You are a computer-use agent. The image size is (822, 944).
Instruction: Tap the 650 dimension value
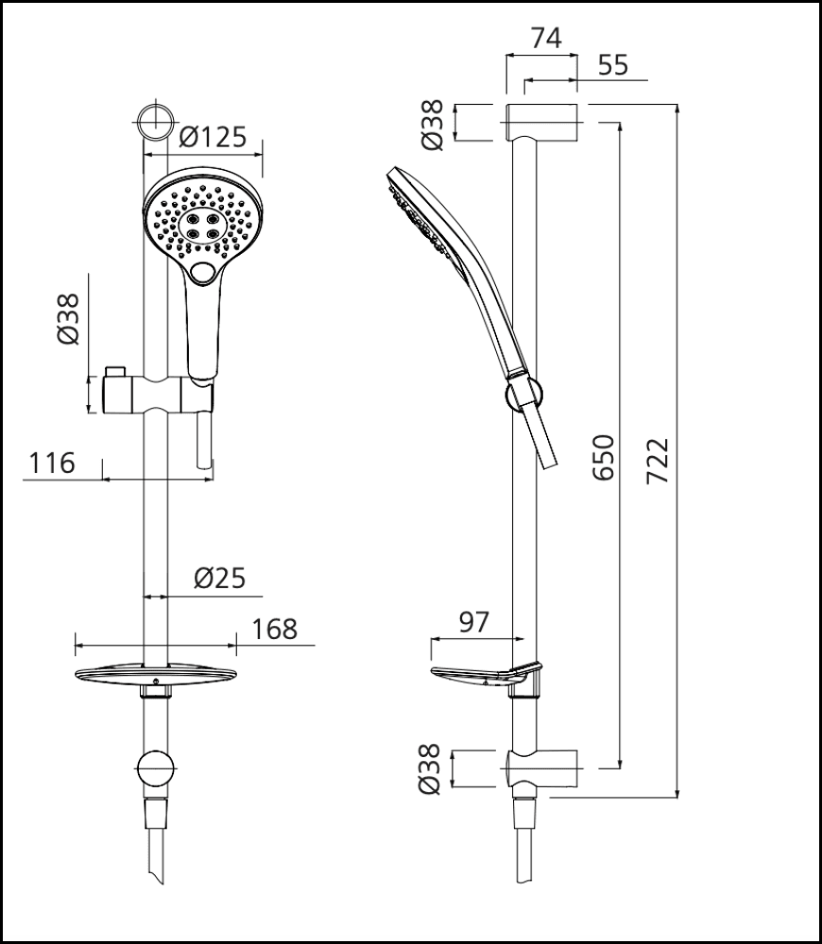click(x=604, y=457)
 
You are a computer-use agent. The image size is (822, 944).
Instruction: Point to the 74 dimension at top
click(x=546, y=38)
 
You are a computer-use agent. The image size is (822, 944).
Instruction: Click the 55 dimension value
click(x=613, y=65)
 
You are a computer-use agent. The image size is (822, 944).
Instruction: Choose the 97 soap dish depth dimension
click(x=472, y=622)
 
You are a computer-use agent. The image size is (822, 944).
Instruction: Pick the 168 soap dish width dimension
click(x=275, y=629)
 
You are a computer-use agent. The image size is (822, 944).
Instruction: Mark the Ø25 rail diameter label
click(x=219, y=578)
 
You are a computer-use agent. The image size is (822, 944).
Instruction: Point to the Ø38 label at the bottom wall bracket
click(x=432, y=768)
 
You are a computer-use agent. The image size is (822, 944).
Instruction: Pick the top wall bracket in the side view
click(x=541, y=122)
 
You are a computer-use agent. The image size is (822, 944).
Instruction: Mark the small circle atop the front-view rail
click(x=154, y=121)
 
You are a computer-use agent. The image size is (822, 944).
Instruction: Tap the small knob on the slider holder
click(x=115, y=369)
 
